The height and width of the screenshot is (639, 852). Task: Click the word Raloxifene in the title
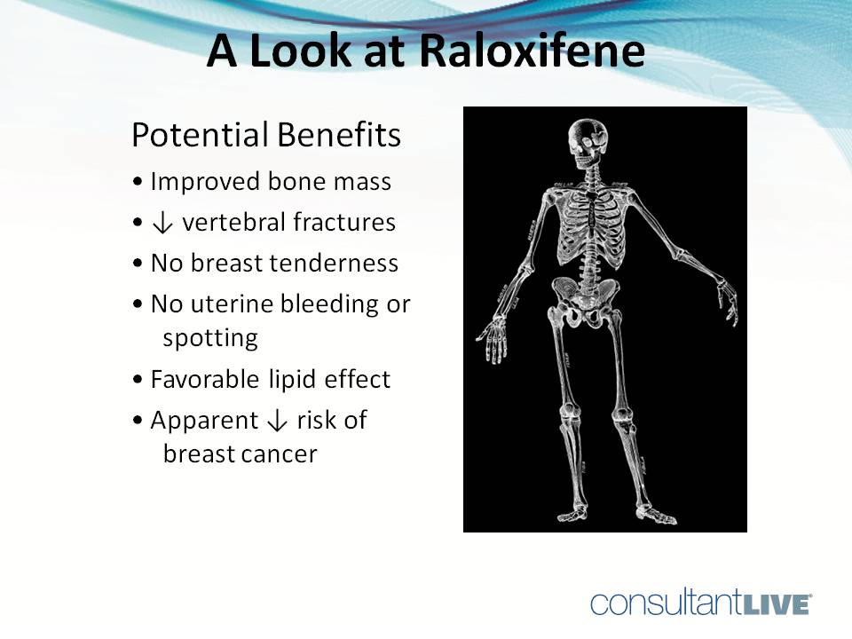(531, 51)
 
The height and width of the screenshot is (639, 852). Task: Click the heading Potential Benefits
(266, 136)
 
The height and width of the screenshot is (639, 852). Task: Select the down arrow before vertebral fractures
(162, 223)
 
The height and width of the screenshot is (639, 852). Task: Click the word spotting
(210, 338)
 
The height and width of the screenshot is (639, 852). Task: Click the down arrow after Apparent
(277, 421)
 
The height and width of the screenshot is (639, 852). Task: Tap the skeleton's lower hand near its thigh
(492, 342)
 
